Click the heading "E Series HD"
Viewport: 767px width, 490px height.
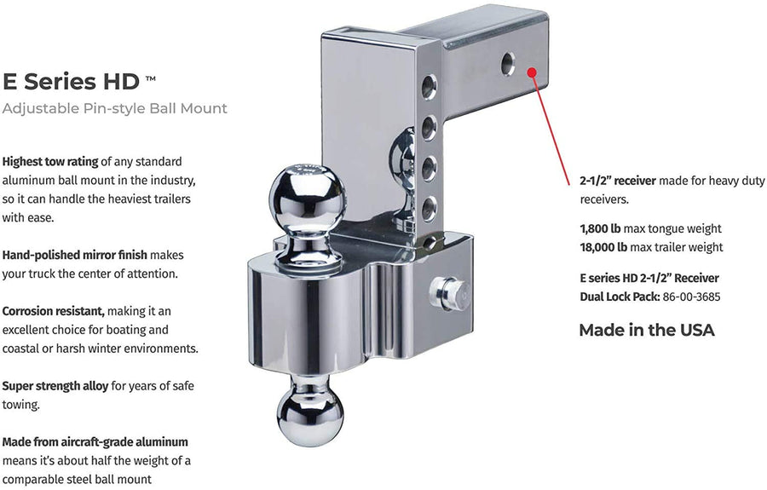pyautogui.click(x=71, y=81)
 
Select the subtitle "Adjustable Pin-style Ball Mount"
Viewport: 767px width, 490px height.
pyautogui.click(x=114, y=108)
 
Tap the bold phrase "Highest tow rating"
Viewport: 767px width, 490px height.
pyautogui.click(x=50, y=162)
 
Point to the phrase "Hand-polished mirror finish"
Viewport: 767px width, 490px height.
pyautogui.click(x=74, y=256)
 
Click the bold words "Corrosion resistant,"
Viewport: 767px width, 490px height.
pyautogui.click(x=54, y=312)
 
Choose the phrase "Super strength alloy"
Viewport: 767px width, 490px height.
pyautogui.click(x=55, y=386)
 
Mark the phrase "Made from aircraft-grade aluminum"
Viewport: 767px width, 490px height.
pyautogui.click(x=95, y=442)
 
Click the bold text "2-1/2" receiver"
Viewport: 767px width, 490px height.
pyautogui.click(x=618, y=181)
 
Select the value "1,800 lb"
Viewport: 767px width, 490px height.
pyautogui.click(x=600, y=229)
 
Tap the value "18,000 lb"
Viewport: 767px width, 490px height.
pyautogui.click(x=603, y=247)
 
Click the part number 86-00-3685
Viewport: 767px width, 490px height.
pyautogui.click(x=691, y=297)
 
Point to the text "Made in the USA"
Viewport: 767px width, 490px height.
pyautogui.click(x=647, y=330)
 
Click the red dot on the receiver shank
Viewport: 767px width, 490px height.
pyautogui.click(x=532, y=72)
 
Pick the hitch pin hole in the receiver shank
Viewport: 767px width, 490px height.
pyautogui.click(x=508, y=64)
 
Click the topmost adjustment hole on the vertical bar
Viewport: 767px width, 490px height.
pyautogui.click(x=429, y=87)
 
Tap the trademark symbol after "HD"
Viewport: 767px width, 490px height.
pyautogui.click(x=151, y=78)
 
